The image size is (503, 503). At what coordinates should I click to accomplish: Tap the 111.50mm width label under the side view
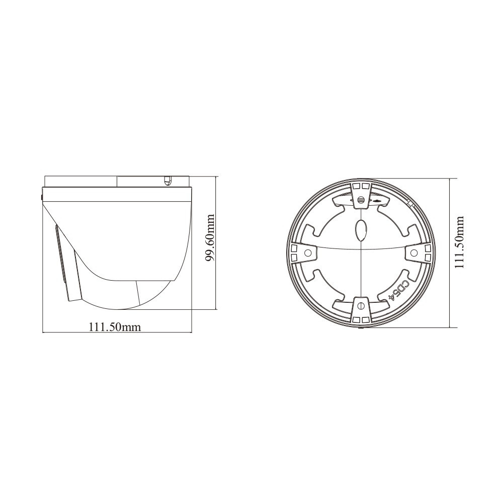[115, 326]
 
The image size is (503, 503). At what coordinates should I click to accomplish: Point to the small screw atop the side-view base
[168, 179]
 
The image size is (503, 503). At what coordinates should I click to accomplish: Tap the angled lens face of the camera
[64, 262]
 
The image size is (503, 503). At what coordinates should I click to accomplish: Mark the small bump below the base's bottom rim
[360, 329]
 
